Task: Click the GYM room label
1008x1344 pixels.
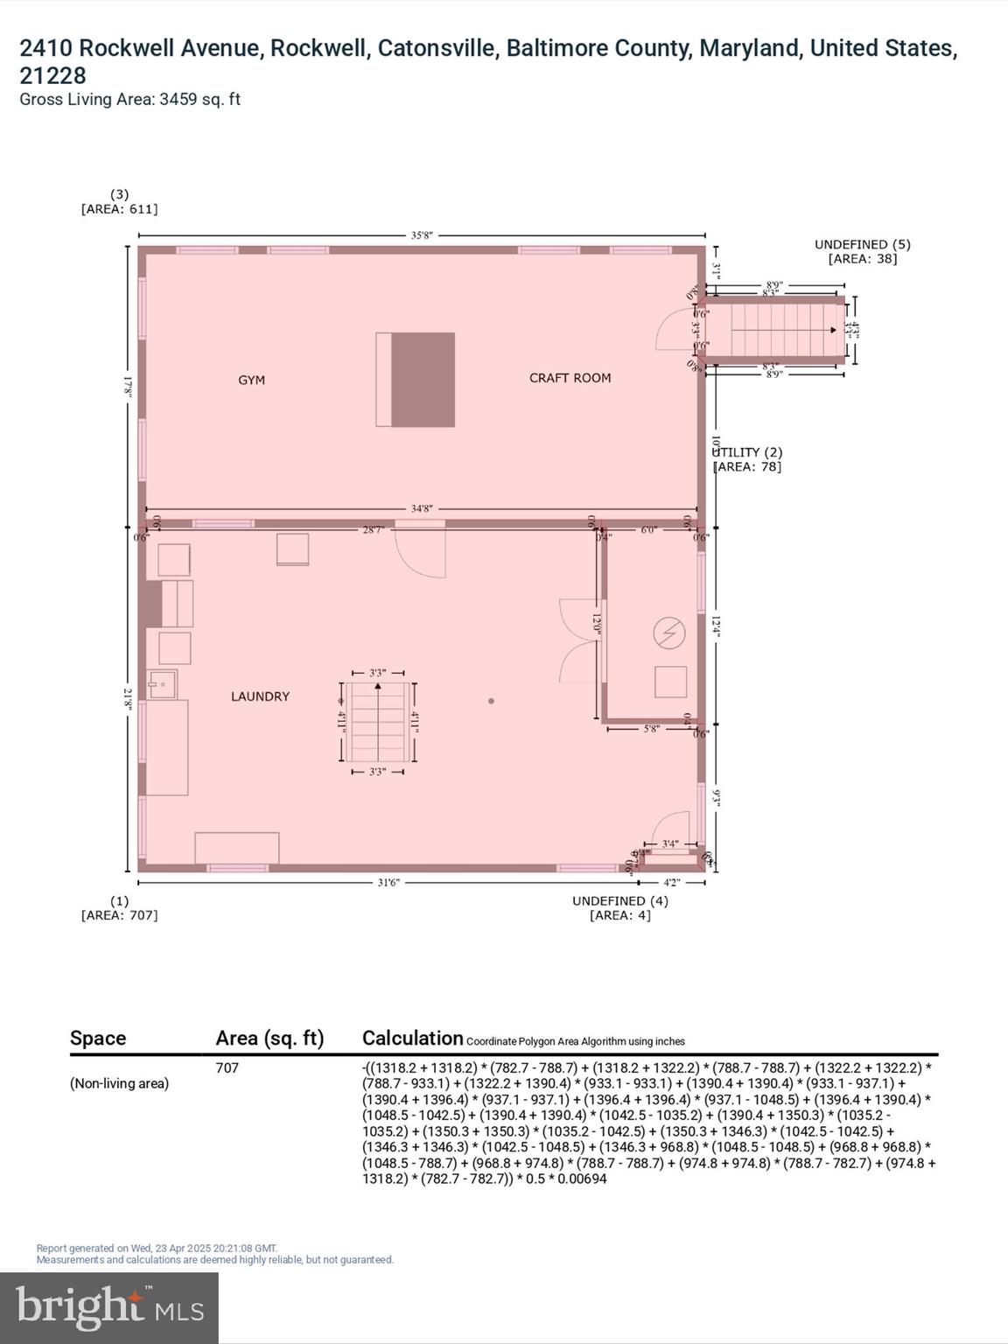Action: (x=251, y=381)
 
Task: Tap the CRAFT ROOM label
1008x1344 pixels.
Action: (x=570, y=378)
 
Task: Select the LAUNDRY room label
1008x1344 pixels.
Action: (x=260, y=696)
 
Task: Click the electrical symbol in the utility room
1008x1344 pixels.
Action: (x=669, y=633)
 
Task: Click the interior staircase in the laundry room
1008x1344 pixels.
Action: (x=377, y=723)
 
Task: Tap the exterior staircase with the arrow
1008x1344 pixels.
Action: (x=775, y=330)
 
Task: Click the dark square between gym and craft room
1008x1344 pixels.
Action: (x=423, y=380)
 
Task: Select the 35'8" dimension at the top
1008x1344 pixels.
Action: (x=422, y=235)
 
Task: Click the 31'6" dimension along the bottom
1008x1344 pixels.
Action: (x=388, y=883)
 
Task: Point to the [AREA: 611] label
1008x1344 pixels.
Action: (x=119, y=209)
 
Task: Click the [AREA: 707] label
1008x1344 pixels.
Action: (x=119, y=915)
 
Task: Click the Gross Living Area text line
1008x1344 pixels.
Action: (x=129, y=100)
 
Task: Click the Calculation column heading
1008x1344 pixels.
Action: (x=412, y=1039)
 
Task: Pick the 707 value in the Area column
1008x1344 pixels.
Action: (x=227, y=1067)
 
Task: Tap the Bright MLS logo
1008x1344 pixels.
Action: (x=109, y=1307)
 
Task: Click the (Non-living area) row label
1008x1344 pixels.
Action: (x=119, y=1083)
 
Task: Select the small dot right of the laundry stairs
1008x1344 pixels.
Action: (x=491, y=701)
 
